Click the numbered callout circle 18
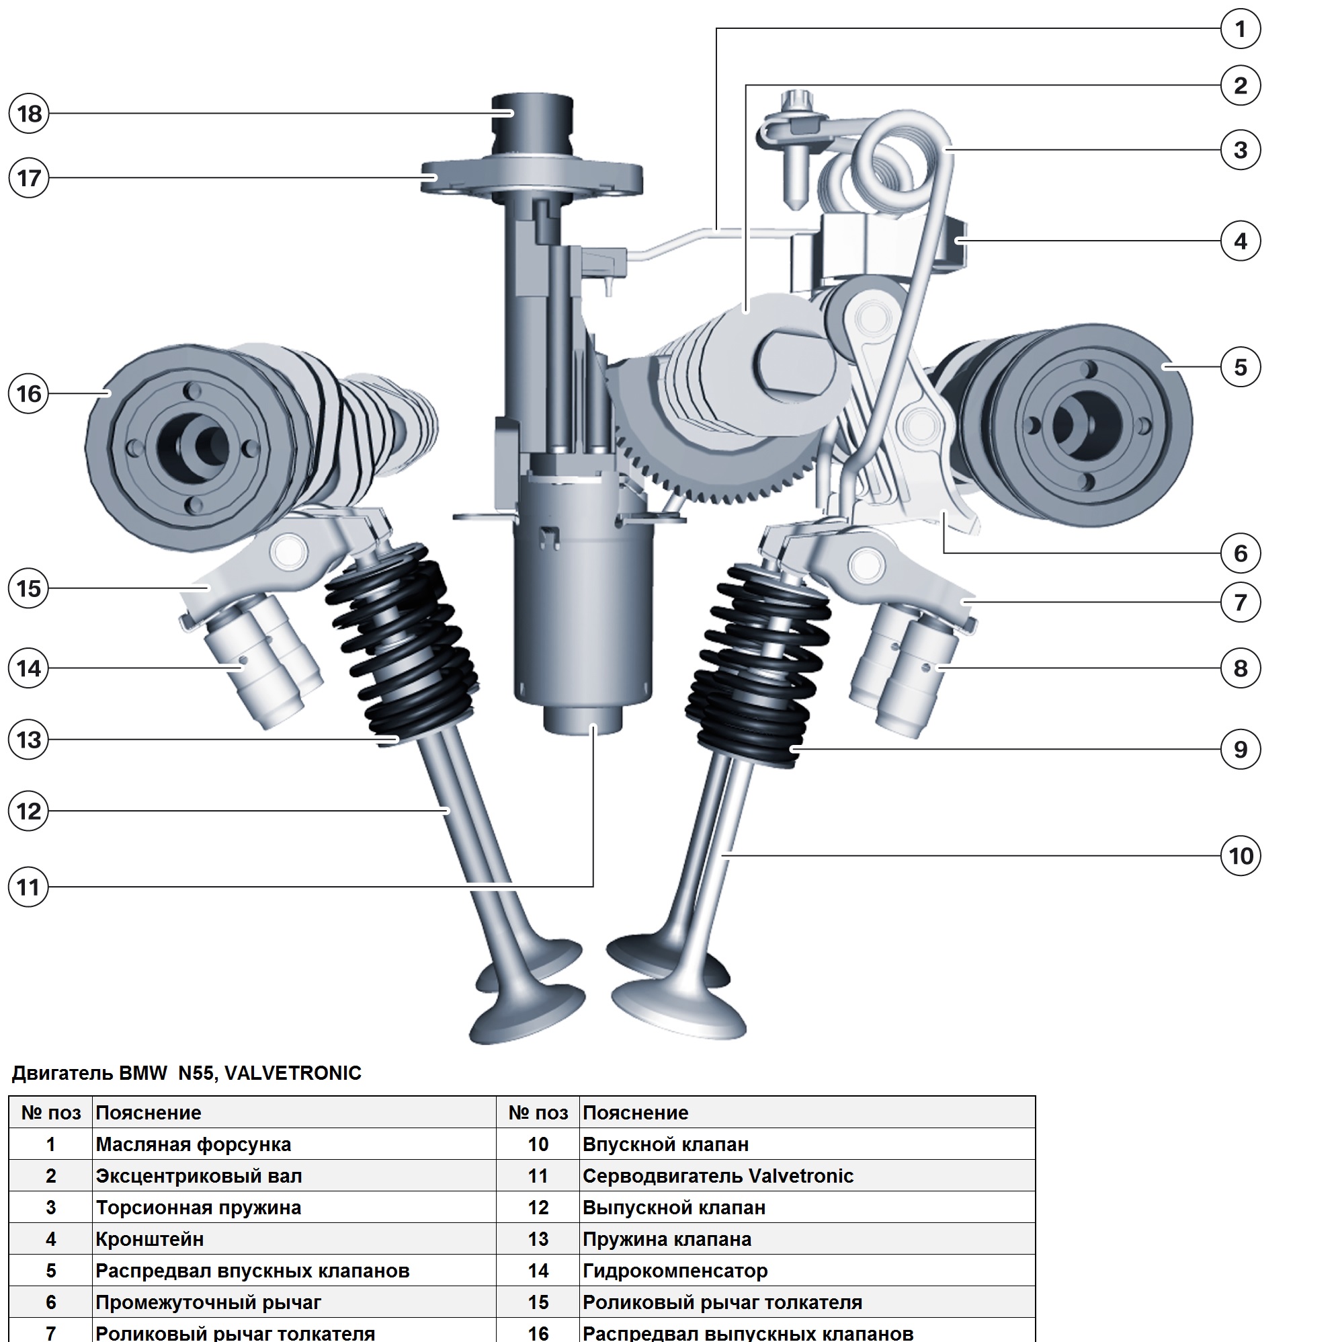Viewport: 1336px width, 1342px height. [29, 113]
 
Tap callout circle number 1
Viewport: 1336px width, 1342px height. [1240, 29]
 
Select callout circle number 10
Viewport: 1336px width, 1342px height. [1240, 856]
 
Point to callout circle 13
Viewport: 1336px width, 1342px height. [29, 740]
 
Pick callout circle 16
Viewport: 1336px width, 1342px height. [29, 394]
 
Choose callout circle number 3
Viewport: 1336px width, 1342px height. [1240, 149]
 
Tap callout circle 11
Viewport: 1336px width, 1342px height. [29, 887]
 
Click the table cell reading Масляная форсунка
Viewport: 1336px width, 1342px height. [193, 1145]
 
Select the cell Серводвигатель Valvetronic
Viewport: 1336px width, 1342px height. [717, 1176]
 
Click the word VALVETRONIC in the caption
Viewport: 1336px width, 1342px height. [292, 1073]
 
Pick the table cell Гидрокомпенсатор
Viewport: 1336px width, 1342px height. [674, 1271]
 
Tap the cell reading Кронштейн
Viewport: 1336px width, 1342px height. [149, 1239]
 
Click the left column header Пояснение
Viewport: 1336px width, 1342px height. [148, 1113]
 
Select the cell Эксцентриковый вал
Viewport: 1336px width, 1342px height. [199, 1176]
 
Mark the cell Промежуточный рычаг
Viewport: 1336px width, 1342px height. [208, 1302]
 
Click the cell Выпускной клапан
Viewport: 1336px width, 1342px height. [673, 1208]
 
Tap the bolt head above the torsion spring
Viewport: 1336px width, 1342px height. [792, 102]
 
